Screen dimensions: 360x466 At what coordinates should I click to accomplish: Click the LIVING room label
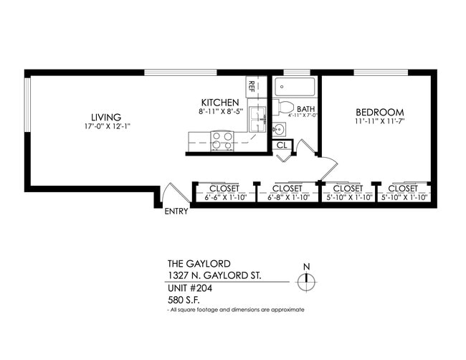click(105, 118)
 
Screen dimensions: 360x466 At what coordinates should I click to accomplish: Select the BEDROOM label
click(380, 113)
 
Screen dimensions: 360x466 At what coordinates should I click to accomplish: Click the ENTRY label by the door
click(176, 212)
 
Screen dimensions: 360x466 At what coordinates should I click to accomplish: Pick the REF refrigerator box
click(252, 86)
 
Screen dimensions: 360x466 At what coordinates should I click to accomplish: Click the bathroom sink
click(279, 130)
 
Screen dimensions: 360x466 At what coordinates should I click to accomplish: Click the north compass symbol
click(306, 280)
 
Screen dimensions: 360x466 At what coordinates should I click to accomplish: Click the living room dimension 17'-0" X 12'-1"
click(105, 127)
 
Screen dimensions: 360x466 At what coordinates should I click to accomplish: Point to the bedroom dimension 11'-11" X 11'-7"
click(380, 123)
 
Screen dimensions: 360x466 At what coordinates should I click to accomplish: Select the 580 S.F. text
click(183, 299)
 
